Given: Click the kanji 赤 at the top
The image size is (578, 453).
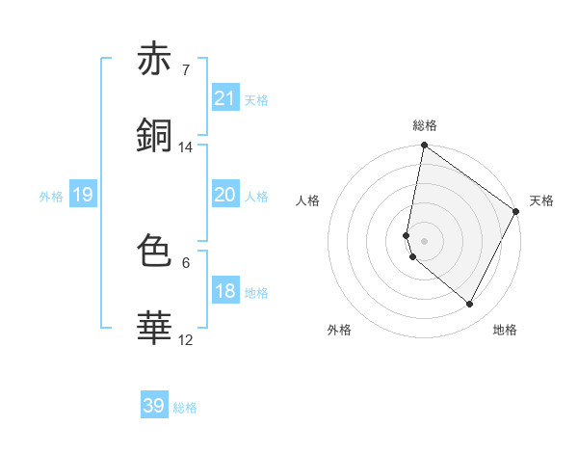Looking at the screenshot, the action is (154, 60).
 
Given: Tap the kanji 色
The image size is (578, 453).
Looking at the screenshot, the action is (154, 252).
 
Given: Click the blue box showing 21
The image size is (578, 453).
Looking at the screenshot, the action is (225, 98).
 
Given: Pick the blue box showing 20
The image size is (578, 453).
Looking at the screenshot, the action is (225, 195).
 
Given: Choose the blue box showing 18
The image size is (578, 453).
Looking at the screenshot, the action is (225, 291).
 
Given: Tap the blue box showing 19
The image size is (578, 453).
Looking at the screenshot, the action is (82, 195).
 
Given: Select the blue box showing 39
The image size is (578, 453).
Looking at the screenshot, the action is (154, 406).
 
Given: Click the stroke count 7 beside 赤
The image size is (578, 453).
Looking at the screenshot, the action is (185, 70).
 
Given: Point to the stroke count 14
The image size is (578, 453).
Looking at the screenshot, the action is (186, 147).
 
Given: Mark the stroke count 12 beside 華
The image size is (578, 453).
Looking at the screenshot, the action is (186, 339).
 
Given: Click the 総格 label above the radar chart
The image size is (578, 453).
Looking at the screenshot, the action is (425, 125).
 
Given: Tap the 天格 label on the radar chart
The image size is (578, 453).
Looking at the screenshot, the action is (541, 200).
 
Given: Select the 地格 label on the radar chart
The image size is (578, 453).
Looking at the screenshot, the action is (505, 330).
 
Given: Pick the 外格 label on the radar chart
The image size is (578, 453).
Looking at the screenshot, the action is (339, 330).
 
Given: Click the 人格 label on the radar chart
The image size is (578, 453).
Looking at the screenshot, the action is (308, 200).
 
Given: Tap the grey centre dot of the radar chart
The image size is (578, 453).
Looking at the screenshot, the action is (425, 240).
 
